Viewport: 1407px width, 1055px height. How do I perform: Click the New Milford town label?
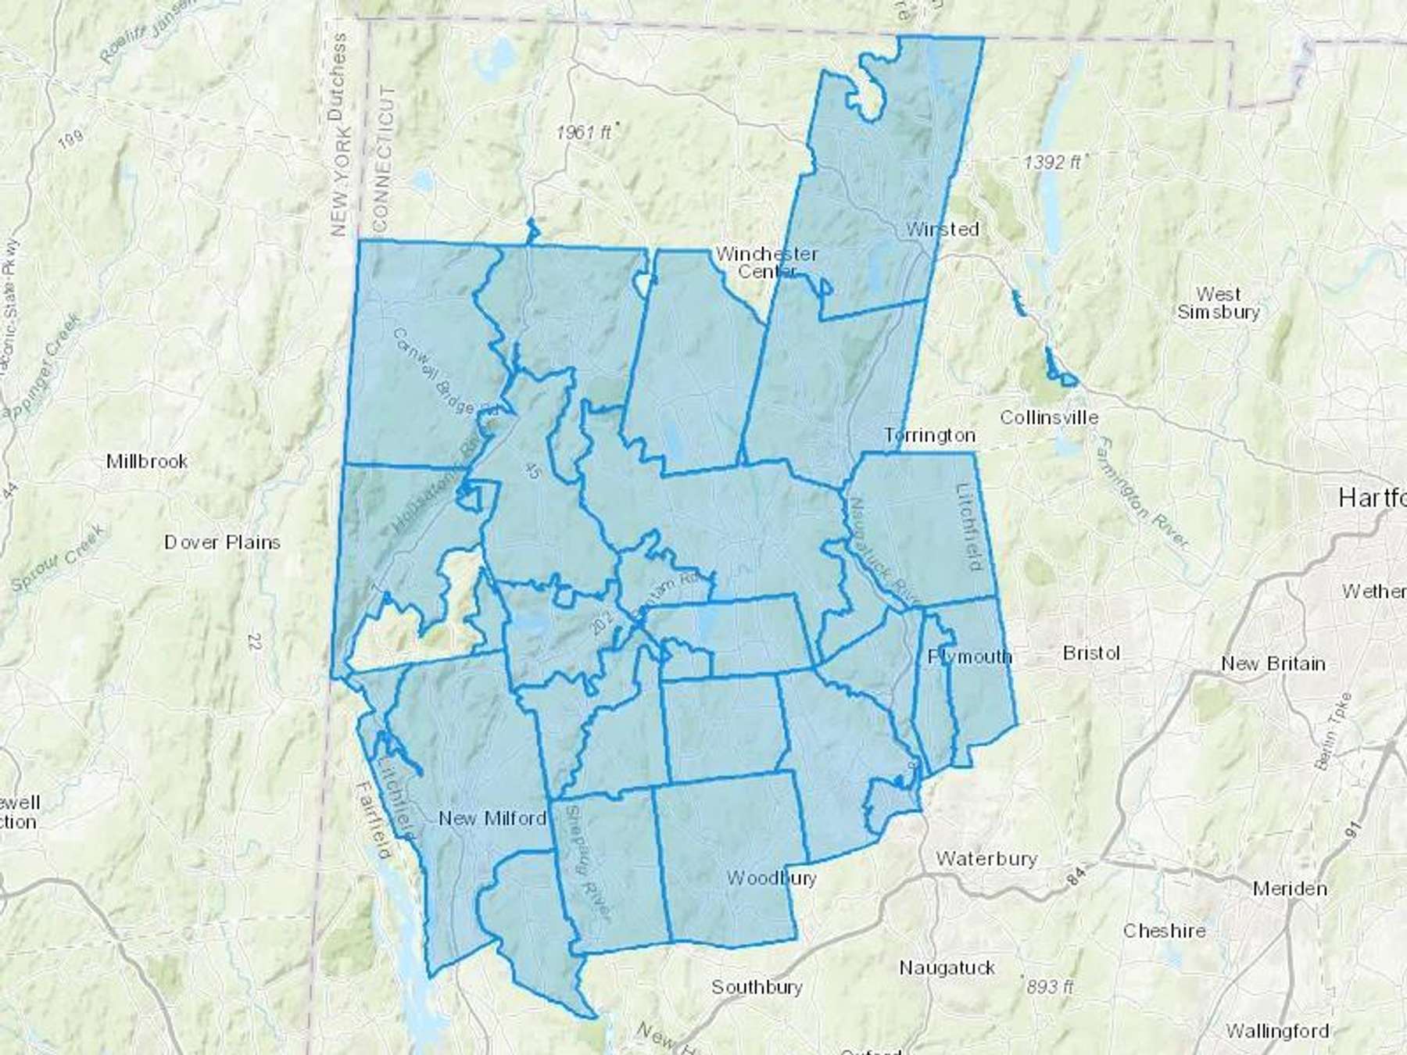[x=492, y=818]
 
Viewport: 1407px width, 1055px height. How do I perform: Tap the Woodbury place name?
[x=771, y=878]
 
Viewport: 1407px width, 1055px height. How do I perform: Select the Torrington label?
[x=929, y=435]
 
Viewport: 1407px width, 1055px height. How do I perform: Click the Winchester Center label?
[x=767, y=263]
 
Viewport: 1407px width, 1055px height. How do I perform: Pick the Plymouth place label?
[x=969, y=656]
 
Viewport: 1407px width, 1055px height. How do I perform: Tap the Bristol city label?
[x=1091, y=653]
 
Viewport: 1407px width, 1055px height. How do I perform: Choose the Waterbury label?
[x=986, y=859]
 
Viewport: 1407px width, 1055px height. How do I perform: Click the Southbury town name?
[x=757, y=987]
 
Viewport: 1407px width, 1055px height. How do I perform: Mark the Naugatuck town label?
[x=947, y=968]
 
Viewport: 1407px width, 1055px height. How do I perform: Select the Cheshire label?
[x=1164, y=931]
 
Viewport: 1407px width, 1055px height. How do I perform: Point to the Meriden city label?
[x=1290, y=889]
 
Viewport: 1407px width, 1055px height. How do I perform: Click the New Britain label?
[x=1273, y=663]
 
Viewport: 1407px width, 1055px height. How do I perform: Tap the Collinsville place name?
[x=1049, y=417]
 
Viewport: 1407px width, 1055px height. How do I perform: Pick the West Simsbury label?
[x=1219, y=303]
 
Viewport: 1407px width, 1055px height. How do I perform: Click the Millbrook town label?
[x=147, y=461]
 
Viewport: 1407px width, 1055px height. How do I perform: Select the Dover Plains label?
[x=222, y=542]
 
